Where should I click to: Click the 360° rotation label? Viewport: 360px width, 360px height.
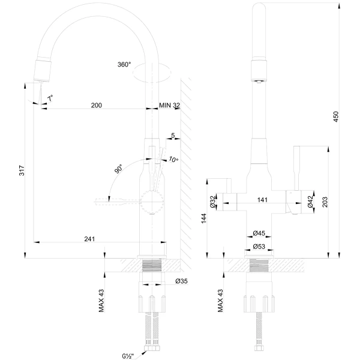click(x=125, y=65)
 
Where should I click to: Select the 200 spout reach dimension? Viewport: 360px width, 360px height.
click(x=96, y=105)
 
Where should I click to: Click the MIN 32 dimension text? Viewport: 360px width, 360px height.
click(x=170, y=105)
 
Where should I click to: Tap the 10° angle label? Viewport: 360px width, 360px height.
click(x=173, y=160)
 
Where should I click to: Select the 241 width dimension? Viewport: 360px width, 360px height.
click(x=89, y=239)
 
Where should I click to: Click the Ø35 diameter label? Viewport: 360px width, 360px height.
click(x=181, y=280)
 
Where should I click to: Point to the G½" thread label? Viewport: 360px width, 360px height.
click(x=128, y=356)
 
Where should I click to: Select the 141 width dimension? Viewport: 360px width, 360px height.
click(x=262, y=200)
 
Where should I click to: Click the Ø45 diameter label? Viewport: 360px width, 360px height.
click(x=259, y=233)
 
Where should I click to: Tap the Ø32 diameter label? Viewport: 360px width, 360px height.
click(x=213, y=202)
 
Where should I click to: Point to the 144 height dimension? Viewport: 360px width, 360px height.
click(x=204, y=219)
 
